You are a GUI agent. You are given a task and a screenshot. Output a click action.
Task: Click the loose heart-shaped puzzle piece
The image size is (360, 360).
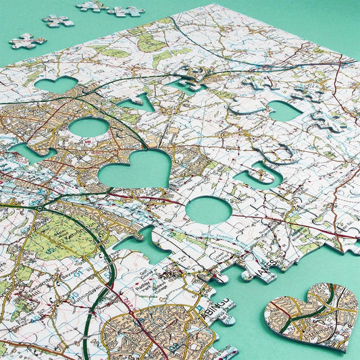(311, 314)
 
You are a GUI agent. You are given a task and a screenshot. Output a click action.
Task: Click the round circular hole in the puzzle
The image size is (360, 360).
(209, 210)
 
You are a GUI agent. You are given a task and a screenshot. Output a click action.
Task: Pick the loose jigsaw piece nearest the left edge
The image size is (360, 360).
(27, 41)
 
